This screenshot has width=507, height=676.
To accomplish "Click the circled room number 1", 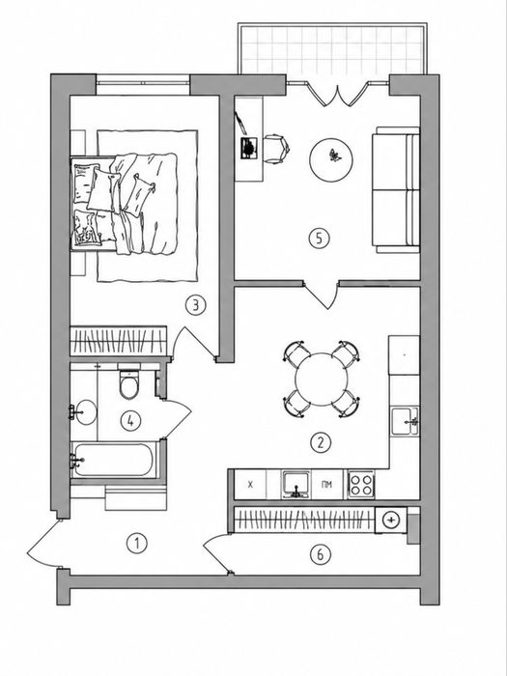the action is (x=137, y=544).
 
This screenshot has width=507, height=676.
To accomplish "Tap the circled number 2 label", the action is (x=320, y=442).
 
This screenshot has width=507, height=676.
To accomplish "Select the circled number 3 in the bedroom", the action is (x=195, y=305).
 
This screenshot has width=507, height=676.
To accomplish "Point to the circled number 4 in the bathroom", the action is (x=130, y=421).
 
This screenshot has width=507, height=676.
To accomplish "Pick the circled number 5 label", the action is (x=319, y=238).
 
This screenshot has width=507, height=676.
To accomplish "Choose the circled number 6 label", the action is (x=321, y=554).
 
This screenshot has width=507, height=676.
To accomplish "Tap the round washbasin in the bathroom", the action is (x=85, y=412).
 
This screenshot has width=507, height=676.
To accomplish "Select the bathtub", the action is (x=114, y=460).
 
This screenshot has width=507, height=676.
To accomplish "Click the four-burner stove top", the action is (x=361, y=485).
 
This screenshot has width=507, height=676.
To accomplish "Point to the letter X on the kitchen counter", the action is (x=250, y=485).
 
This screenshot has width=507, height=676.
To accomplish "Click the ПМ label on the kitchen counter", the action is (x=326, y=485).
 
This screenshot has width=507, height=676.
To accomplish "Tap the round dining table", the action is (x=322, y=379).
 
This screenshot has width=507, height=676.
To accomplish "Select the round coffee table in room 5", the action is (x=331, y=160).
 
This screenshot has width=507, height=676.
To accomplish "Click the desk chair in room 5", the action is (x=276, y=149).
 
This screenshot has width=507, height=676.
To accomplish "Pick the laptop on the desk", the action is (x=249, y=148).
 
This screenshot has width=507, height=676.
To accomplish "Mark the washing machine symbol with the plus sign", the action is (x=390, y=520).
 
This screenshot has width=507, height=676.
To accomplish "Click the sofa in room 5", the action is (x=396, y=189).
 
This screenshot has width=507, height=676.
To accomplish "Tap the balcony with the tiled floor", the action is (x=332, y=48).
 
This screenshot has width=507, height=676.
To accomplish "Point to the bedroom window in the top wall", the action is (x=143, y=85).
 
